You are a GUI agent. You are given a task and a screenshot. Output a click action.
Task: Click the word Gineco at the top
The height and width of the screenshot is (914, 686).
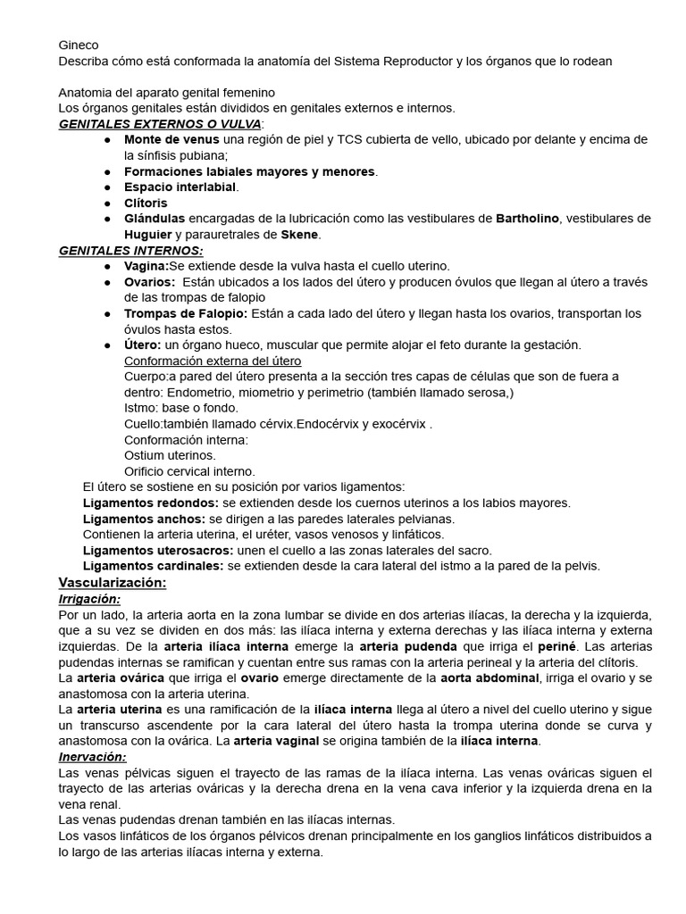coord(79,45)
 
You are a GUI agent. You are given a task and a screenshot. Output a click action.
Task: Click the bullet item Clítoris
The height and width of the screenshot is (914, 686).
coord(146,203)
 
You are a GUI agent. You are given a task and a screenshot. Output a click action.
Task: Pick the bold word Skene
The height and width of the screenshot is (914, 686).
coord(300,235)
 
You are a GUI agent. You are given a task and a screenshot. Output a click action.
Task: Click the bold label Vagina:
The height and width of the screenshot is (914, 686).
coord(146,266)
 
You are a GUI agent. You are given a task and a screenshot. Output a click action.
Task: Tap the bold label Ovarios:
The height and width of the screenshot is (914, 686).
coord(149,282)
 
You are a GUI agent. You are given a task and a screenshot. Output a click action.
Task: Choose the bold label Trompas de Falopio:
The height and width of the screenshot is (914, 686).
coord(186,313)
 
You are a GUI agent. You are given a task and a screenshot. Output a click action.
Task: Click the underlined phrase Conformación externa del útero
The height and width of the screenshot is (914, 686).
coord(213,361)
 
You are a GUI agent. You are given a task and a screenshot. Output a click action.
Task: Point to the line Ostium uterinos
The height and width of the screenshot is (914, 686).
coord(170,455)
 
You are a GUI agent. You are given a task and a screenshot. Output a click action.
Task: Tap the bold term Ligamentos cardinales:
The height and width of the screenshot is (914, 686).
coord(154,566)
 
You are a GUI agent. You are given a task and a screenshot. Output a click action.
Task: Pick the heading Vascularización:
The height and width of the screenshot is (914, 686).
coord(113,583)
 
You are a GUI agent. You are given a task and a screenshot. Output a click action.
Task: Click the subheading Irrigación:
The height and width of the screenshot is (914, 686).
coord(88,599)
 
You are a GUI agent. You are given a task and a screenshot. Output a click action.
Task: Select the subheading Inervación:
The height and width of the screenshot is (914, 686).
coord(92,757)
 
